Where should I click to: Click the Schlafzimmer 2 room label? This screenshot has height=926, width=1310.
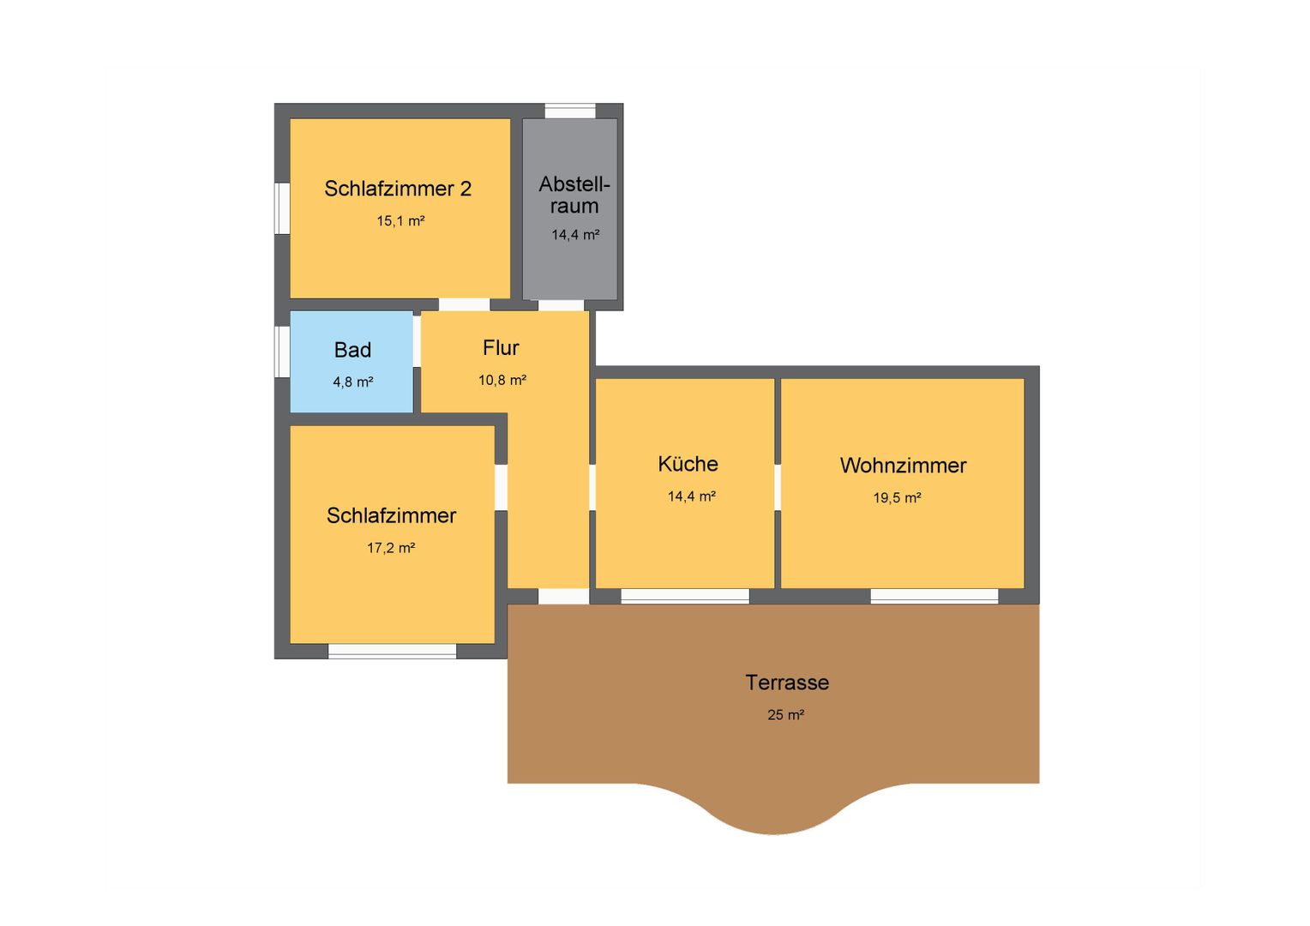(398, 189)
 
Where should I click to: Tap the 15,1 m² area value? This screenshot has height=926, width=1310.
(400, 221)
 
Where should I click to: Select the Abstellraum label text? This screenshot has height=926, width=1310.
(574, 195)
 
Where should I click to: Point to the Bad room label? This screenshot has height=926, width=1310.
(352, 350)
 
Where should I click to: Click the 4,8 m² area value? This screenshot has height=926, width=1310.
(352, 382)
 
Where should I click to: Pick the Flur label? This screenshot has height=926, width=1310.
(501, 348)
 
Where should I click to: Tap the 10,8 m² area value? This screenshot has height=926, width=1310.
(502, 380)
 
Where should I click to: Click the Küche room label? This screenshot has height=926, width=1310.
(688, 464)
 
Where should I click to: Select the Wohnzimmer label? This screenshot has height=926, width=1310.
(903, 466)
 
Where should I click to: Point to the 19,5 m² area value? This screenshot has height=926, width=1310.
(897, 498)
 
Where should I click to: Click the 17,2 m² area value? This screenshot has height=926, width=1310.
(391, 548)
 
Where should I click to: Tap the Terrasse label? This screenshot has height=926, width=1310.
(787, 682)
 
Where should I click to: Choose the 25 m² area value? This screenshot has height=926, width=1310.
(785, 715)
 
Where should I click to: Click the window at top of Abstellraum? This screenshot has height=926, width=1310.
(570, 111)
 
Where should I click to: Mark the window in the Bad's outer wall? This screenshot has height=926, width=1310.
(282, 352)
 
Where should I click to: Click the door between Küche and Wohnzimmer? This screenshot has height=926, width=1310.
(778, 487)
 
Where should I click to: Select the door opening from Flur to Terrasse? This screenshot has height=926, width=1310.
(563, 596)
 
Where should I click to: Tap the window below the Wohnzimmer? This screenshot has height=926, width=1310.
(934, 596)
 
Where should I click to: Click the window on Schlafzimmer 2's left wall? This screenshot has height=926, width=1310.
(282, 209)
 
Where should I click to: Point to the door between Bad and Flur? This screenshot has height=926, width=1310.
(417, 341)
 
